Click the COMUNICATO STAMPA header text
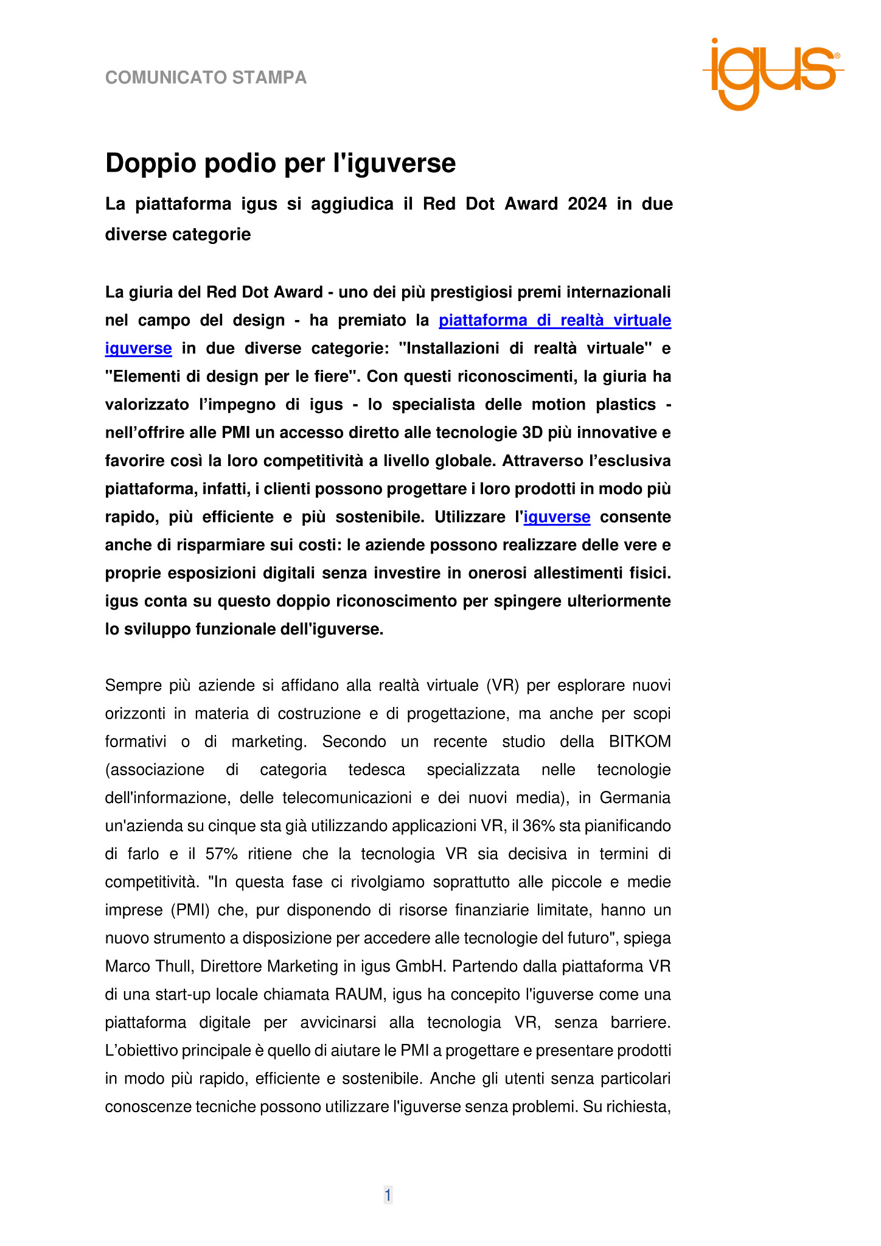(x=206, y=78)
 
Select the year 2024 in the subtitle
(x=587, y=204)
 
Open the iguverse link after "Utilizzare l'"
(x=557, y=517)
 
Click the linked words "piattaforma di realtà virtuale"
(x=555, y=321)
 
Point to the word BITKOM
(x=639, y=742)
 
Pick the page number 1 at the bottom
(x=388, y=1196)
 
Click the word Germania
(x=635, y=798)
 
